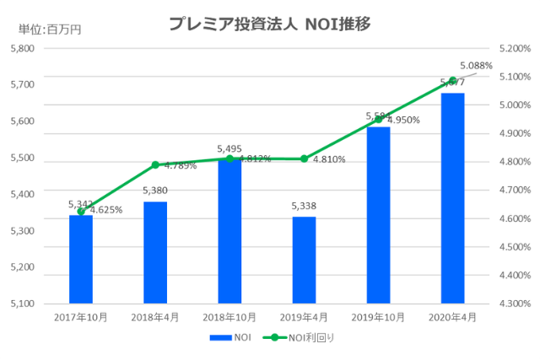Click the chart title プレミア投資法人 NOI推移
[x=270, y=24]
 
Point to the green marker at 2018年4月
[x=155, y=164]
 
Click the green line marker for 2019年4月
[x=304, y=159]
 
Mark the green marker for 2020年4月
[x=453, y=81]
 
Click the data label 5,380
[x=155, y=191]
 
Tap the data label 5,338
[x=304, y=207]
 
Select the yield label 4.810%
[x=330, y=159]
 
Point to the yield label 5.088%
[x=476, y=65]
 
